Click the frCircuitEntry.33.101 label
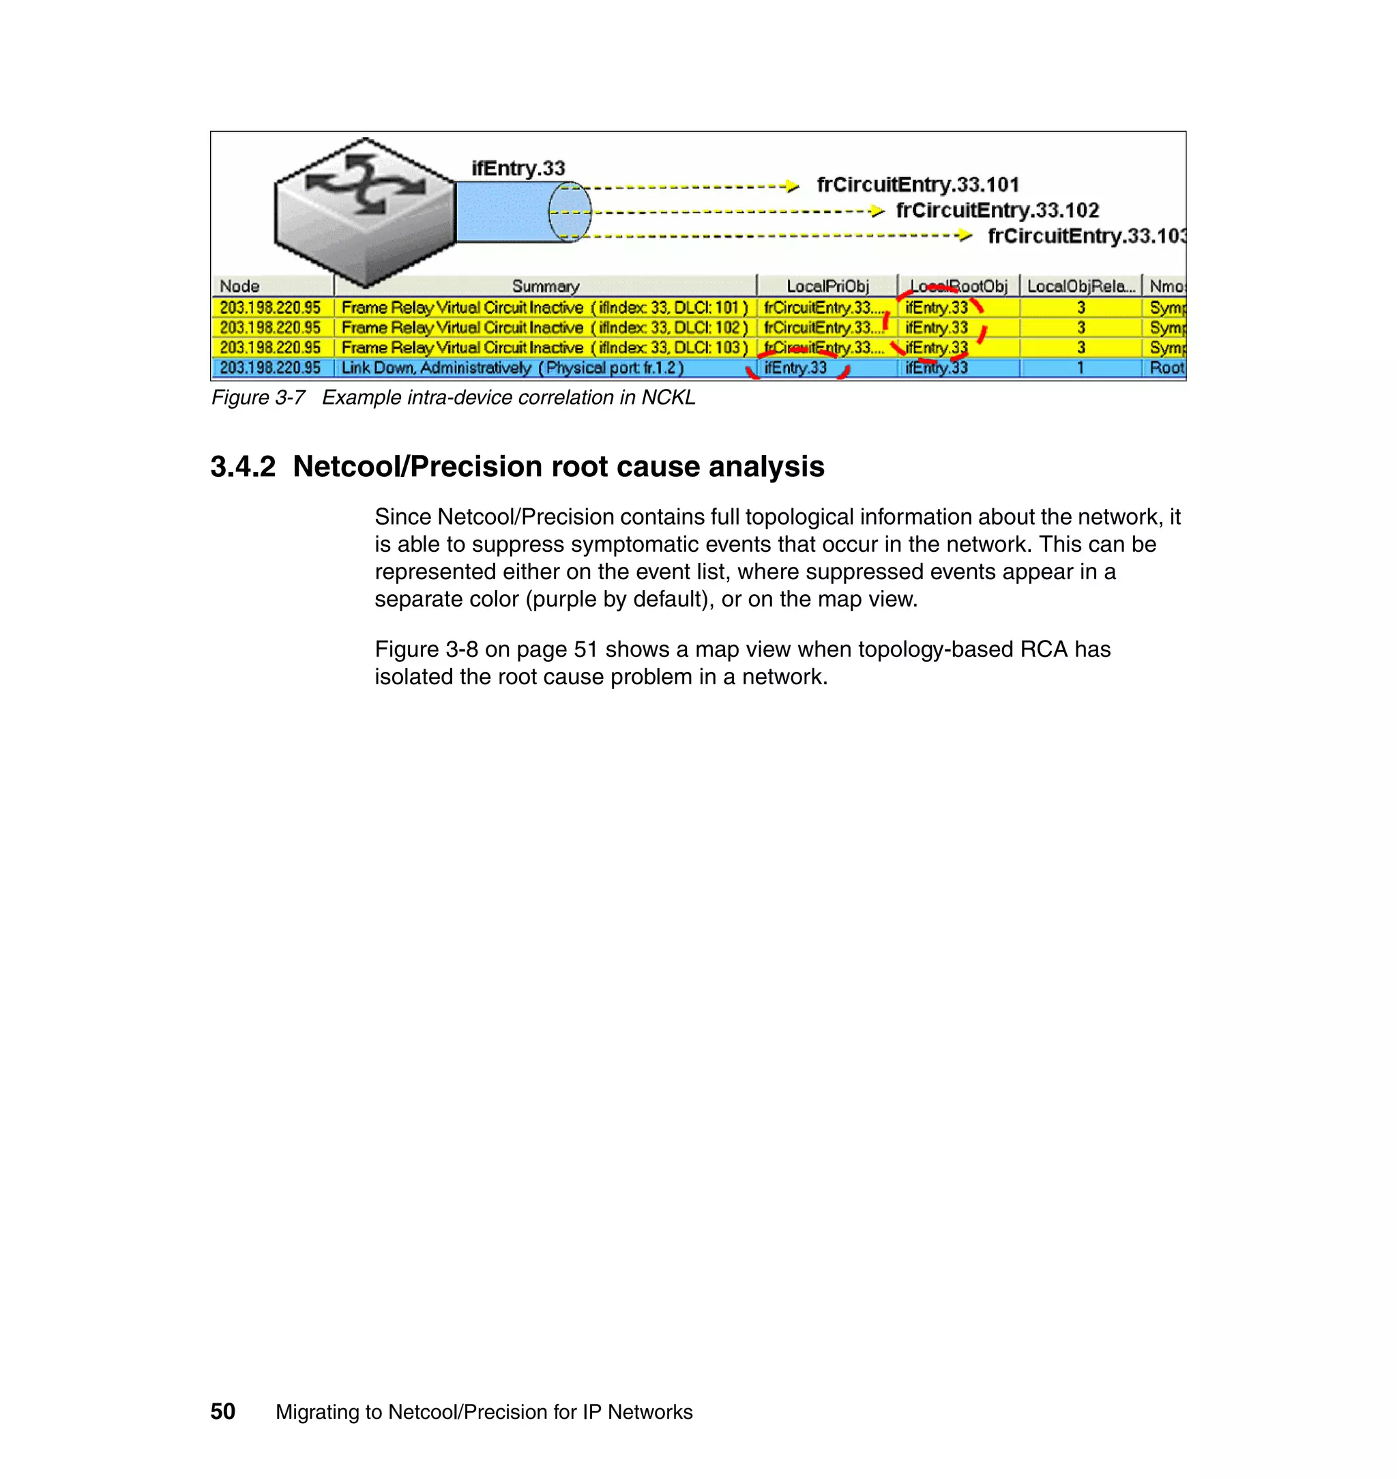pos(917,185)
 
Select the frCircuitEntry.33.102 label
pos(997,211)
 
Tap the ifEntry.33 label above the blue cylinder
pos(518,169)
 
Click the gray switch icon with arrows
pos(364,210)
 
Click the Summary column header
pos(545,286)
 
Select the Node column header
pos(240,286)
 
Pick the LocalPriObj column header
pos(827,286)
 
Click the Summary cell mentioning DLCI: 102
pos(544,327)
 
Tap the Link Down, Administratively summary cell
pos(512,368)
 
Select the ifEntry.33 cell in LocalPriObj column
pos(795,368)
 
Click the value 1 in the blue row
pos(1080,368)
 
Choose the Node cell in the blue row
pos(270,368)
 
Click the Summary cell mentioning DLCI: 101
pos(544,308)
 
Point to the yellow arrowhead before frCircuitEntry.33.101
pos(793,186)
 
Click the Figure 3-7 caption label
pos(258,398)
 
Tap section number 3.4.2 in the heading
pos(243,467)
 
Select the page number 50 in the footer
pos(222,1411)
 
